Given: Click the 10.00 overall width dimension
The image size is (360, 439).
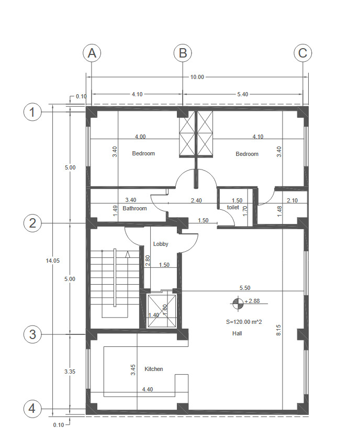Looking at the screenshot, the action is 197,77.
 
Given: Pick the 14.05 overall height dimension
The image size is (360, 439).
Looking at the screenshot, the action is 53,261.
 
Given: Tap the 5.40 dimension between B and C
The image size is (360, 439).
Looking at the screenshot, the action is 243,94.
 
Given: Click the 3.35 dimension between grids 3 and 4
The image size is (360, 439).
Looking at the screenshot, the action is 70,372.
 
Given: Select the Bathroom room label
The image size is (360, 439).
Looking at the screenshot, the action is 134,208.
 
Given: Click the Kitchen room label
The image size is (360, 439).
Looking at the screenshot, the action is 154,369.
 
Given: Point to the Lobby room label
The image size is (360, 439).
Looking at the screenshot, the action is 161,244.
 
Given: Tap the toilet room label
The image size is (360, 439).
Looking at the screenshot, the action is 233,207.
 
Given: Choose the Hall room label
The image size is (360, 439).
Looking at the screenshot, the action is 237,333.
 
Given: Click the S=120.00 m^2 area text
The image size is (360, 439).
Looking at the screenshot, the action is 244,322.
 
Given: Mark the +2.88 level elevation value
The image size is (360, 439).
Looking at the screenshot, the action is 252,301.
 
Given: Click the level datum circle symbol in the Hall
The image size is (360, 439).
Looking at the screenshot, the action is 238,302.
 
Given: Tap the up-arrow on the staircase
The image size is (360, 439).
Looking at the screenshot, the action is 128,254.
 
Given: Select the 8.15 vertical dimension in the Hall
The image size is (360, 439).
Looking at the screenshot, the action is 278,330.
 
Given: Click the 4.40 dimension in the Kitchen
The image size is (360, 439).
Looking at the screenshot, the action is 148,389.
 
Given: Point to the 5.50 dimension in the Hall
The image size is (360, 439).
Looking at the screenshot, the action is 245,288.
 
